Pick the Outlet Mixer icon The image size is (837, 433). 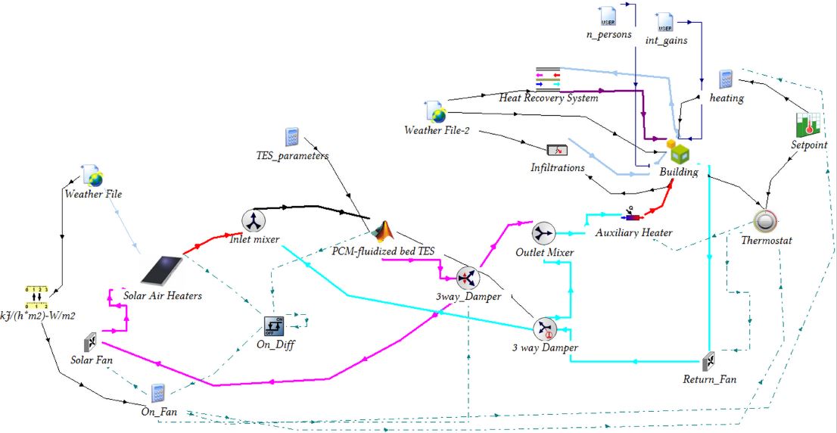click(543, 232)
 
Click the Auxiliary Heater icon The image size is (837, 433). click(633, 215)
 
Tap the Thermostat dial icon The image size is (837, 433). click(766, 221)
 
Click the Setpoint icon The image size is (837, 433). click(807, 126)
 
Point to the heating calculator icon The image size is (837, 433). click(726, 79)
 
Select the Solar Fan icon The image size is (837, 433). click(89, 342)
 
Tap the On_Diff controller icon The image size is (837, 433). click(273, 326)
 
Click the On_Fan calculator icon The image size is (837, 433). click(157, 392)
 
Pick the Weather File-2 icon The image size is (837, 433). click(435, 112)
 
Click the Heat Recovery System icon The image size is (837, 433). click(547, 79)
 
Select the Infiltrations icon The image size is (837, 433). click(557, 150)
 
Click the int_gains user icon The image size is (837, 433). click(665, 22)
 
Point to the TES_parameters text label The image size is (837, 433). click(292, 156)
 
